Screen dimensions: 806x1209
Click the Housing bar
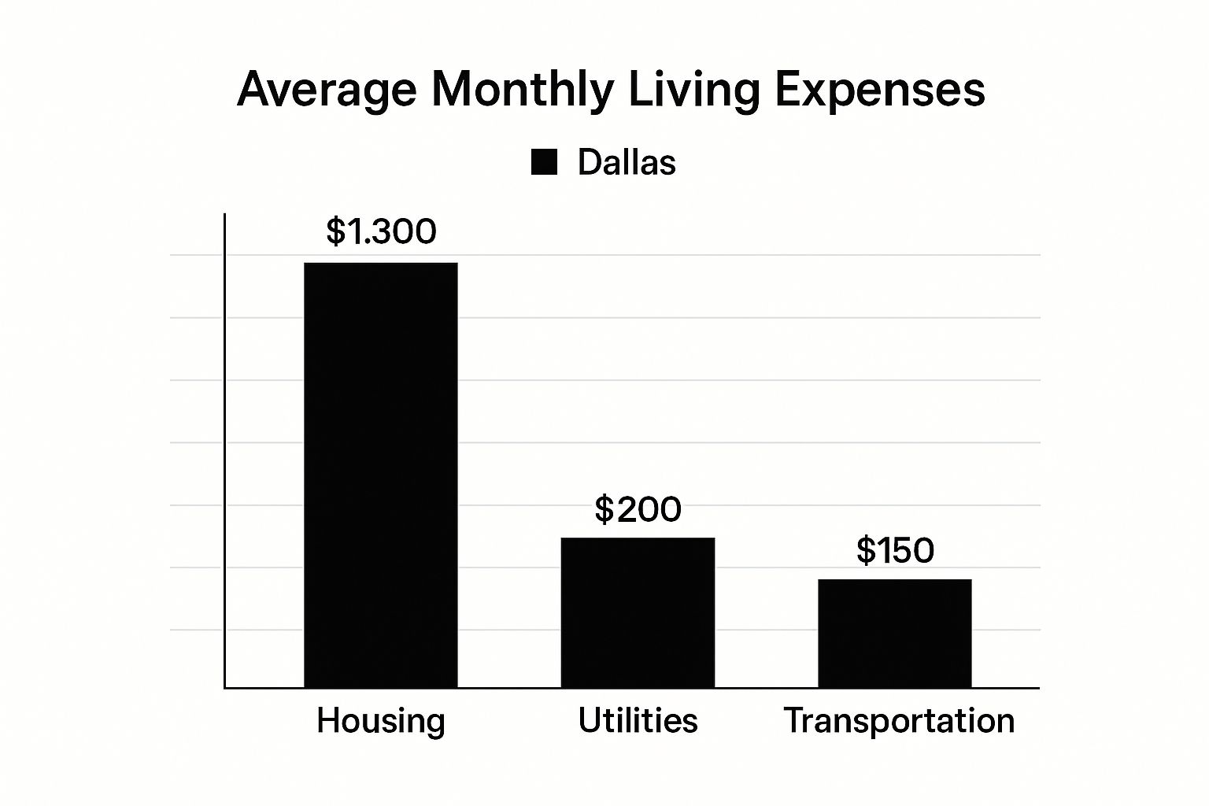(380, 475)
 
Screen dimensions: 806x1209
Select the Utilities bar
(638, 612)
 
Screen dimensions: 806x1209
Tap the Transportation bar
(894, 633)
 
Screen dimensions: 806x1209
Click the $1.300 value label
(381, 231)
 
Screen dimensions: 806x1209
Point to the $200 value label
(638, 509)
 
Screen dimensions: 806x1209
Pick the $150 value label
(895, 550)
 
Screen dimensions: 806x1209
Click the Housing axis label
(381, 721)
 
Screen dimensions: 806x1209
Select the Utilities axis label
(638, 720)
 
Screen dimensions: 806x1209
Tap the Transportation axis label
(899, 721)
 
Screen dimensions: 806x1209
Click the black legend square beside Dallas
(544, 162)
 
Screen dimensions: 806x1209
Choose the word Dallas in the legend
(627, 162)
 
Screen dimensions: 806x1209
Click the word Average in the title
(326, 91)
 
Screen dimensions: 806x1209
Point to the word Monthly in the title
(522, 91)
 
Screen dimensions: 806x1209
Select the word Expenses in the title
(879, 91)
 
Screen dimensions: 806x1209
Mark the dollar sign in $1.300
(336, 231)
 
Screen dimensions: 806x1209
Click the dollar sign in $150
(866, 550)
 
